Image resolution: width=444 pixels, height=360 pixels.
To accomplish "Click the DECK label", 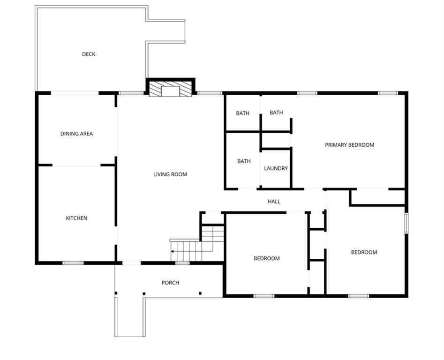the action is [88, 54].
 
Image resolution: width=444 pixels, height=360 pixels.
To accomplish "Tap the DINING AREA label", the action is [76, 134].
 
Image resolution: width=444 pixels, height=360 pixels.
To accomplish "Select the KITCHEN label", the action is [76, 218].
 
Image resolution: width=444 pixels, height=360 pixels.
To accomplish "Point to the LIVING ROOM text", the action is [170, 174].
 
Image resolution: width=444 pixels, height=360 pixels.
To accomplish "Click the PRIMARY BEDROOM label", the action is [349, 145].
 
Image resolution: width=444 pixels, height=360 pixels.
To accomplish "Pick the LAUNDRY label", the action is [276, 168].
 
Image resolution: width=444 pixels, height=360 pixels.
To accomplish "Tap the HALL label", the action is [274, 202].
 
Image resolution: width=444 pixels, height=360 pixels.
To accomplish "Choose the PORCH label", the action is [170, 283].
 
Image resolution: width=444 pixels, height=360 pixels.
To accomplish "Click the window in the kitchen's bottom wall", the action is [73, 263].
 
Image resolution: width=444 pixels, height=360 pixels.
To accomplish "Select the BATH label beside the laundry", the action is [244, 161].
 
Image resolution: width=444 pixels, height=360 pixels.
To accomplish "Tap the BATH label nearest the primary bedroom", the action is [276, 112].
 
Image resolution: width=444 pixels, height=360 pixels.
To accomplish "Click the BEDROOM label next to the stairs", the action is [266, 258].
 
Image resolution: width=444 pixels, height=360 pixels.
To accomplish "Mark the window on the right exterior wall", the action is [406, 223].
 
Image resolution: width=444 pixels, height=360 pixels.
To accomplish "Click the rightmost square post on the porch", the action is [200, 293].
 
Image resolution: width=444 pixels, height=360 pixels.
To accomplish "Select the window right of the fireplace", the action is [210, 93].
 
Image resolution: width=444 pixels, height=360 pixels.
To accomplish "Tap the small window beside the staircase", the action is [182, 263].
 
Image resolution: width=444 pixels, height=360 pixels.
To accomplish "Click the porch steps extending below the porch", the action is [130, 317].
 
